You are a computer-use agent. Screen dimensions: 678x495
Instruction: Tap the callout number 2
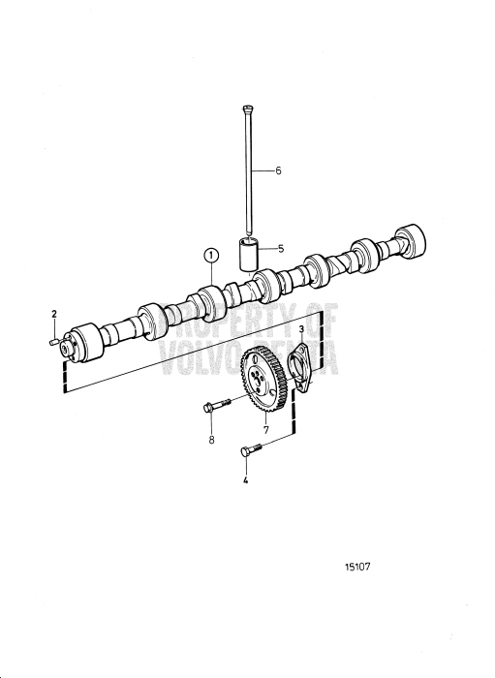point(54,314)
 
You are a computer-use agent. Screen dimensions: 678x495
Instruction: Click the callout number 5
point(280,249)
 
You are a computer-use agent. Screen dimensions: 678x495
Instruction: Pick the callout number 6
point(278,170)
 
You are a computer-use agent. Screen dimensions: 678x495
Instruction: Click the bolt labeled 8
point(217,409)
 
